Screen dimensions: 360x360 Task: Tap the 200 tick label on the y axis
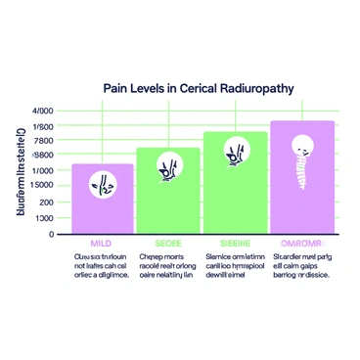[x=47, y=202]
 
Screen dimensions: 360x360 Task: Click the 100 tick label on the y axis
[x=47, y=218]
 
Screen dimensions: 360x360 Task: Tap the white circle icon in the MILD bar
[x=102, y=181]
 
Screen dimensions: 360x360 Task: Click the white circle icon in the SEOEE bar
[x=168, y=168]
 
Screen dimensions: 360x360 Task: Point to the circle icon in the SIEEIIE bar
[x=235, y=152]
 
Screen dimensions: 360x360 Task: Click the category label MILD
[x=102, y=243]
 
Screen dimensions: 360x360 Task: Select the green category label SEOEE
[x=168, y=243]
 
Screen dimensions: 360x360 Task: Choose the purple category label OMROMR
[x=301, y=243]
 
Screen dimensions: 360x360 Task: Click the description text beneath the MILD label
[x=101, y=264]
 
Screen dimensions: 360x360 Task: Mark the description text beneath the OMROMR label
[x=303, y=264]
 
